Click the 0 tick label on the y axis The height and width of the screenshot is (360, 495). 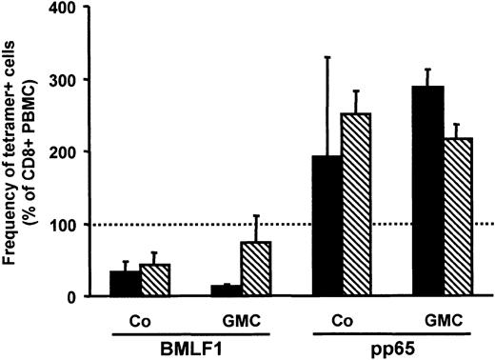[x=77, y=297]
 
